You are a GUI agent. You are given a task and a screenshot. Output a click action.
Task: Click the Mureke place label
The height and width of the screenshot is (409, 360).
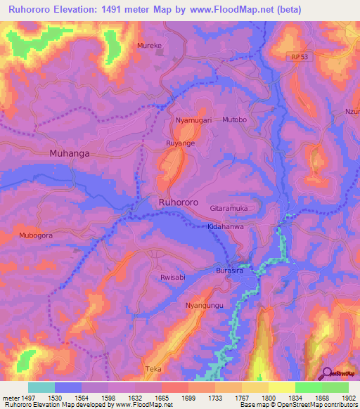coord(149,45)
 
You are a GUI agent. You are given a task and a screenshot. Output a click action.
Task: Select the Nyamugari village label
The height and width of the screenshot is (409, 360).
coord(193,121)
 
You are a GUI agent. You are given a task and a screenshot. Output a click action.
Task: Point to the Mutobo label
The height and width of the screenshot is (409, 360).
coord(235,120)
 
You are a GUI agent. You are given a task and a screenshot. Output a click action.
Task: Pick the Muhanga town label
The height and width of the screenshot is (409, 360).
coord(70,152)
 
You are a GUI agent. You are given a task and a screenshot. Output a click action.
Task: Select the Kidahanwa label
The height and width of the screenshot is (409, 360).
coord(226,228)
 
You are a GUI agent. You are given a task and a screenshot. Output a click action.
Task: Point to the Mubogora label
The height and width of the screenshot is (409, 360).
coord(37,235)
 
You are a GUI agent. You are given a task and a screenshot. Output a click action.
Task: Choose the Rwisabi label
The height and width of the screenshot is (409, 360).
coord(172,278)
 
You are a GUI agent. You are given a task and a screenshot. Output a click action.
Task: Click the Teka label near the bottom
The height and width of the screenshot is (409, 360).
coord(153,368)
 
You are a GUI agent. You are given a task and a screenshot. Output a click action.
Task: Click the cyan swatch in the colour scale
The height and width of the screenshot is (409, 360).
coord(41,387)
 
